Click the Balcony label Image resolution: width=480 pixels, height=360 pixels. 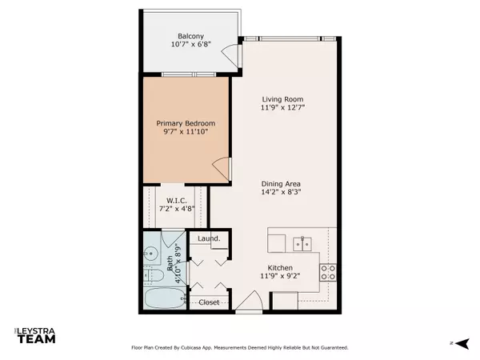(x=190, y=34)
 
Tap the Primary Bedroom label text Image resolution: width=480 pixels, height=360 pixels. (x=184, y=123)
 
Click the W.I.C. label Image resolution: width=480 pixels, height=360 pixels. (x=177, y=200)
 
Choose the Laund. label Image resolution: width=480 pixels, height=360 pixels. (x=209, y=238)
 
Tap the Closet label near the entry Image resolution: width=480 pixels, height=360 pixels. (x=209, y=302)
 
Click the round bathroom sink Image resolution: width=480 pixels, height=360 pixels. (x=150, y=254)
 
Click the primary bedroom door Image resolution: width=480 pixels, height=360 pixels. (x=222, y=168)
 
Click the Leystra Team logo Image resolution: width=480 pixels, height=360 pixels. (x=32, y=336)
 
